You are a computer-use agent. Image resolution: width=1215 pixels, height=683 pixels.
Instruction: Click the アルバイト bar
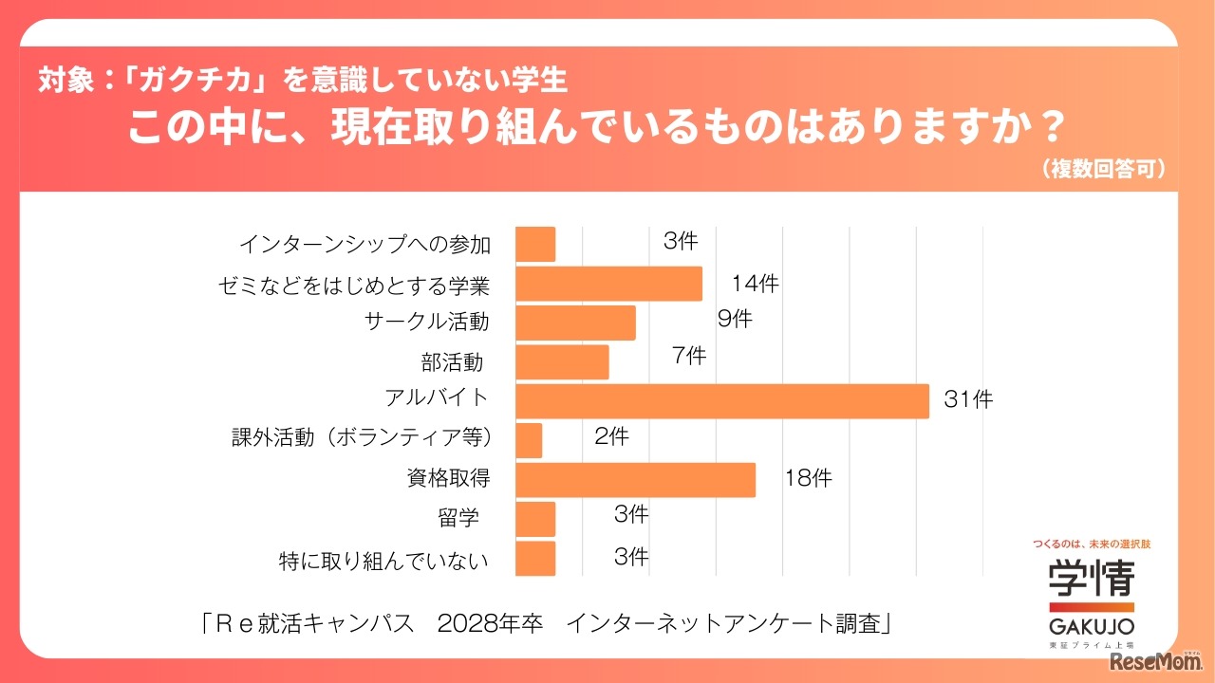click(721, 400)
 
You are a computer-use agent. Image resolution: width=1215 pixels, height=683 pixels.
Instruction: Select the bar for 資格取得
click(635, 479)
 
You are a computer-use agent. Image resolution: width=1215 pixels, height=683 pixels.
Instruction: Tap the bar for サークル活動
click(575, 323)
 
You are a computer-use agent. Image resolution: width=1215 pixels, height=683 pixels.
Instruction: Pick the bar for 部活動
click(562, 361)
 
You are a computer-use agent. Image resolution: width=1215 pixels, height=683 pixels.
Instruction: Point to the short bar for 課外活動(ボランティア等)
click(529, 440)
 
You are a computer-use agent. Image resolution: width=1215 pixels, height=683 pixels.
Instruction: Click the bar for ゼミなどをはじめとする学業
click(608, 284)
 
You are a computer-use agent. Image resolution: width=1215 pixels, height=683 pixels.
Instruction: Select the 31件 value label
click(968, 400)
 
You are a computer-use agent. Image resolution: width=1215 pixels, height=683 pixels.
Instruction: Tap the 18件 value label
click(808, 479)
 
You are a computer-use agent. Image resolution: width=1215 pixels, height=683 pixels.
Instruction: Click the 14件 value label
click(755, 283)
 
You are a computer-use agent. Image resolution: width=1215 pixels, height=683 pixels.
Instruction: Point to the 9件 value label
click(735, 320)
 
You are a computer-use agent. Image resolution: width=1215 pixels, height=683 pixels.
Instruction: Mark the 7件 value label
click(688, 357)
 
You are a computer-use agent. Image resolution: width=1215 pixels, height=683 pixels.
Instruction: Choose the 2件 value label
click(611, 437)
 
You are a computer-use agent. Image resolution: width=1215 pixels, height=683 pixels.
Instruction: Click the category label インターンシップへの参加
click(364, 245)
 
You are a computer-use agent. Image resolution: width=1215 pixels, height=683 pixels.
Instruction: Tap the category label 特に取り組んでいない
click(384, 561)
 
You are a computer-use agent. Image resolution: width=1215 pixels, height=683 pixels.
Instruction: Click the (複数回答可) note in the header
click(1103, 169)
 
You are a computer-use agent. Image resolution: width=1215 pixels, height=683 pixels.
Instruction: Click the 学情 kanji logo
click(1091, 577)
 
